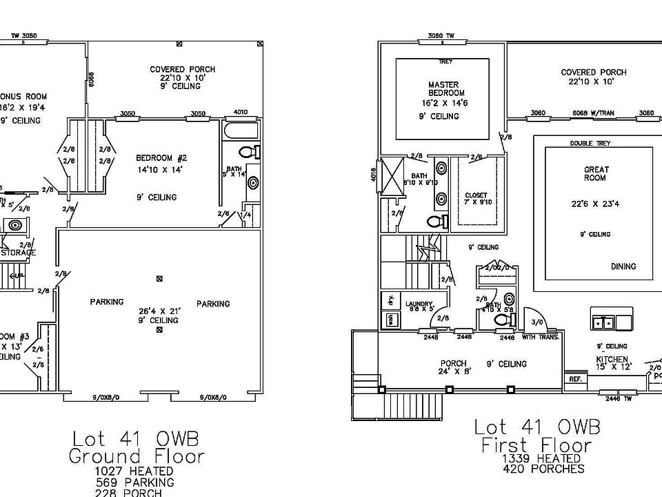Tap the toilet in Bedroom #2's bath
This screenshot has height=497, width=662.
pyautogui.click(x=248, y=152)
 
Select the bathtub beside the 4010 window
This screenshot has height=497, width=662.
pyautogui.click(x=241, y=131)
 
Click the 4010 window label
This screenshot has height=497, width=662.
pyautogui.click(x=241, y=113)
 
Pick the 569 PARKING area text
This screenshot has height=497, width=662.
pyautogui.click(x=136, y=483)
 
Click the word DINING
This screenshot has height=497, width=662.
pyautogui.click(x=623, y=266)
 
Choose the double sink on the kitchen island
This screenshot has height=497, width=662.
pyautogui.click(x=604, y=322)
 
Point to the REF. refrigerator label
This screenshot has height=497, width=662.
pyautogui.click(x=574, y=378)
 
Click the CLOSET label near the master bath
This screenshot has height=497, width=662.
pyautogui.click(x=476, y=195)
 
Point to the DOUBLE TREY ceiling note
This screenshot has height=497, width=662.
pyautogui.click(x=590, y=144)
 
